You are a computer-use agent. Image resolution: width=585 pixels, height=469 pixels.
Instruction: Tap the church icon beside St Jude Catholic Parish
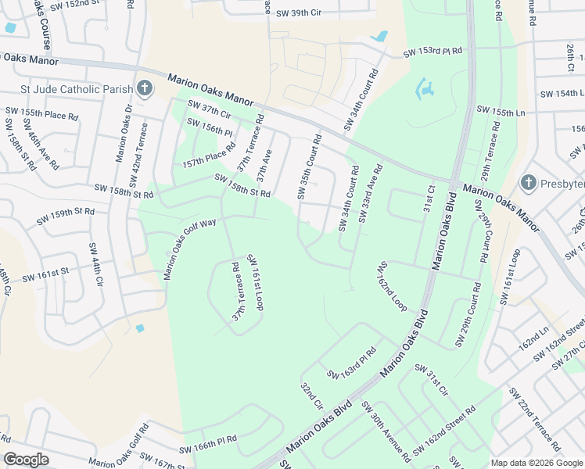pos(144,88)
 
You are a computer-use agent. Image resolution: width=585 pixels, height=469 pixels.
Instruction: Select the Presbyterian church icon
pos(528,183)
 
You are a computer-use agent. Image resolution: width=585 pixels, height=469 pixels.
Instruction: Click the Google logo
pos(26,460)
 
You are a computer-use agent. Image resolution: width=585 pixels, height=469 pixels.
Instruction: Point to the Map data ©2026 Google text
pos(536,463)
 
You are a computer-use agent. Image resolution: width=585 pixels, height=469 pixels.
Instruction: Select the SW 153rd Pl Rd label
pos(432,52)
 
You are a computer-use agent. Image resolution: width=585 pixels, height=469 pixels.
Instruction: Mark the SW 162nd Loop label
pos(393,286)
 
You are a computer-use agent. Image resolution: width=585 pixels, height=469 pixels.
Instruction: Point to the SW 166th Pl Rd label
pos(207,446)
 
